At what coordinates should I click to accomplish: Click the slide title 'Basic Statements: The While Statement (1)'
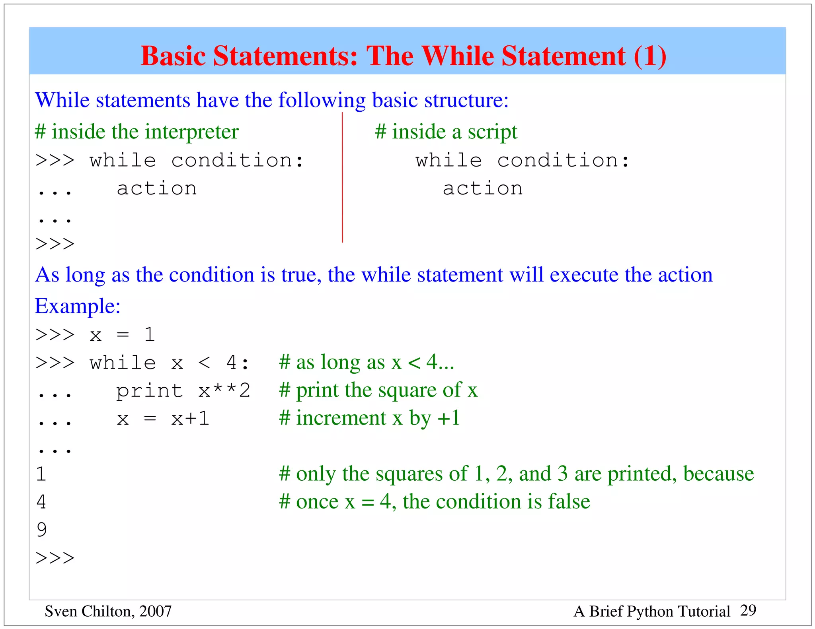tap(403, 56)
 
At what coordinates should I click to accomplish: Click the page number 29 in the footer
tap(748, 610)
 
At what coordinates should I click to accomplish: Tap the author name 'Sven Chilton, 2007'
tap(108, 611)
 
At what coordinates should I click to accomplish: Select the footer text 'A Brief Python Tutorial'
tap(651, 611)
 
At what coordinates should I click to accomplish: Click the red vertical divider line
tap(342, 179)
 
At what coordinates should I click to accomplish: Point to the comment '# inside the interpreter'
tap(136, 132)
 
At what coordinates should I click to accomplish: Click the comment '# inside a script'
tap(446, 132)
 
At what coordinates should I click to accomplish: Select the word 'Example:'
tap(78, 306)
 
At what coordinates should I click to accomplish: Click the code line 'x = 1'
tap(122, 335)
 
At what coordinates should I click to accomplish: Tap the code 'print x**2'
tap(183, 390)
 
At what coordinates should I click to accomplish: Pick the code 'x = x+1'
tap(163, 419)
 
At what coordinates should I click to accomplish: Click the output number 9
tap(41, 530)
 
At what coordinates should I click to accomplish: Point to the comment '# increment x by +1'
tap(369, 418)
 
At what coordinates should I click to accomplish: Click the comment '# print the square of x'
tap(378, 390)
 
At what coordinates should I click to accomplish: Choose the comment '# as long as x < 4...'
tap(366, 362)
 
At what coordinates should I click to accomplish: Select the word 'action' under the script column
tap(483, 188)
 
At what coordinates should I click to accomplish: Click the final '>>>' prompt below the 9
tap(55, 558)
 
